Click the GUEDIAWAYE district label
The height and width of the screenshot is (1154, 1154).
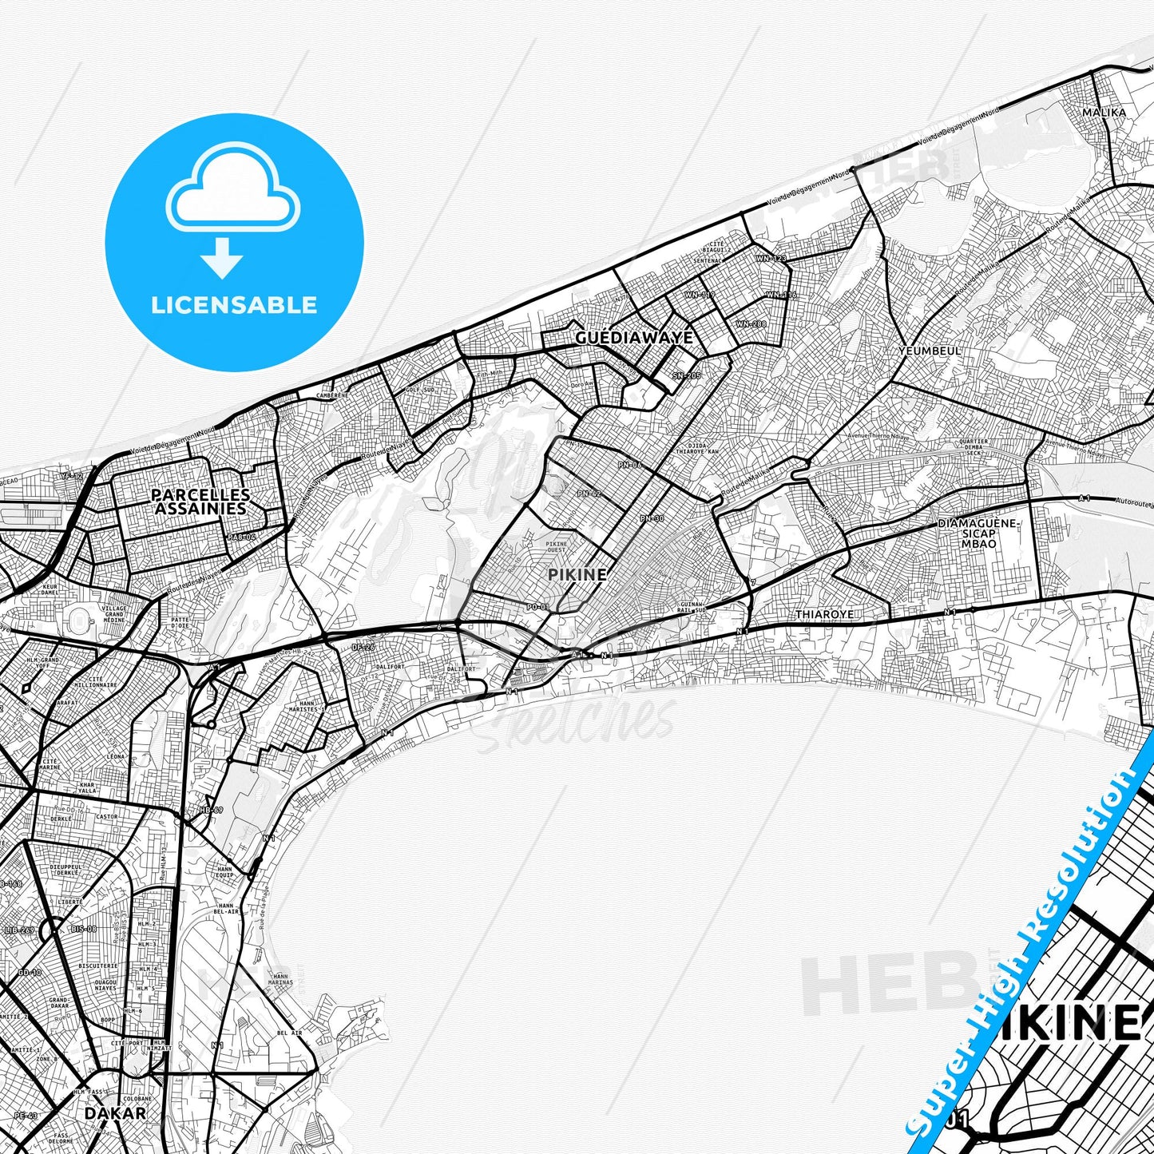point(634,338)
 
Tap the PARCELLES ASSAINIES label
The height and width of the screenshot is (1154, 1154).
point(200,502)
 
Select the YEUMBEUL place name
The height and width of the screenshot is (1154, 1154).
point(930,351)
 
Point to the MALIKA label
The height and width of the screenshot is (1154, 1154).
point(1104,113)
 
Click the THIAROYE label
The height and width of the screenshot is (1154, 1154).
point(825,614)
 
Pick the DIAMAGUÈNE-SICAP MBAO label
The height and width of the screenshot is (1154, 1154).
point(978,533)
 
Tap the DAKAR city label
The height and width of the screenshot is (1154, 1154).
point(116,1112)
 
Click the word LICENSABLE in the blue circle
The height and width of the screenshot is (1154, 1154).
point(234,305)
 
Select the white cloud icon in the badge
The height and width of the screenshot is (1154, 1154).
point(232,191)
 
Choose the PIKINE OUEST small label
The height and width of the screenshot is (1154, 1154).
point(556,547)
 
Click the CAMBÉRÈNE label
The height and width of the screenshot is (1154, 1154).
point(332,395)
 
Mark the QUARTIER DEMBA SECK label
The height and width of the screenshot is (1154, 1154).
point(973,447)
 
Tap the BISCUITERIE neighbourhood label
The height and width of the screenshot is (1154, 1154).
point(98,966)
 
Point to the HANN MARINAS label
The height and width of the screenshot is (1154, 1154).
point(280,979)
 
